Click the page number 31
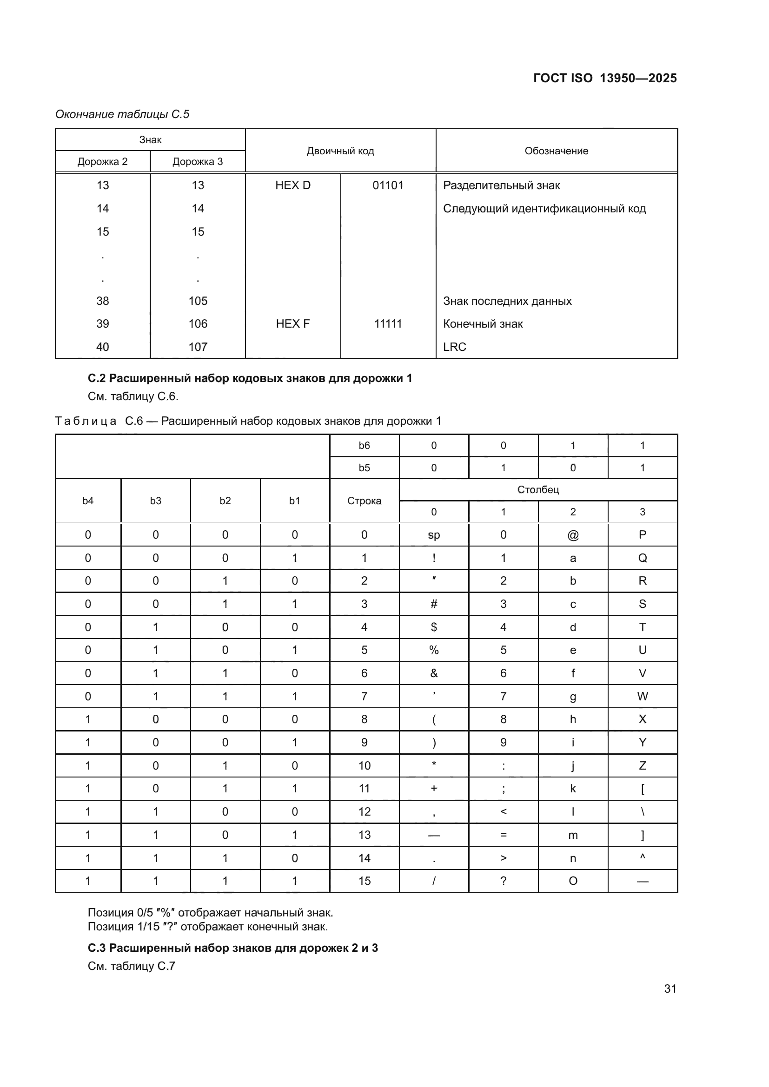click(x=670, y=988)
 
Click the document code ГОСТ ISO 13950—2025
click(x=605, y=78)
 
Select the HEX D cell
click(x=292, y=185)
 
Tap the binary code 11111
click(x=388, y=324)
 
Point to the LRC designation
click(x=455, y=347)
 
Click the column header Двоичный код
click(x=340, y=151)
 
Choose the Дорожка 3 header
click(x=198, y=161)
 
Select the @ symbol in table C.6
click(x=572, y=535)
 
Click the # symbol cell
click(x=434, y=604)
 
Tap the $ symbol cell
click(x=434, y=627)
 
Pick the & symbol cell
click(x=434, y=673)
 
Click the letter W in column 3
click(x=642, y=697)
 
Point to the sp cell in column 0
click(x=434, y=535)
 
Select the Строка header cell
click(x=364, y=501)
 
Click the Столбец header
click(x=538, y=489)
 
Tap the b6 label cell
click(x=364, y=446)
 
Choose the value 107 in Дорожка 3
click(x=198, y=347)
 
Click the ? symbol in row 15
click(x=503, y=881)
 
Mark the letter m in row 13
click(x=572, y=835)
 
